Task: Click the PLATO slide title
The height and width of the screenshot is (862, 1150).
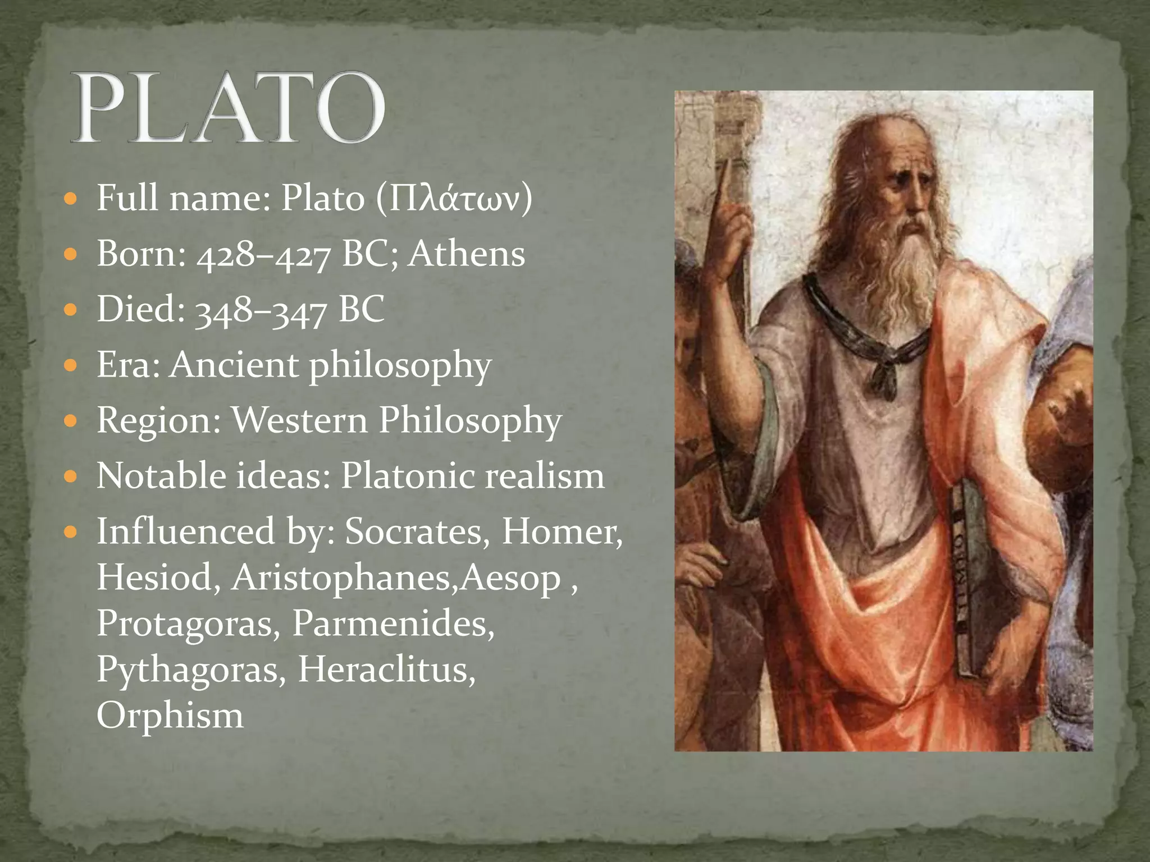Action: click(x=228, y=108)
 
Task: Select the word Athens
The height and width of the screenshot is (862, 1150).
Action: click(x=466, y=254)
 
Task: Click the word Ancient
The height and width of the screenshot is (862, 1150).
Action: click(x=234, y=365)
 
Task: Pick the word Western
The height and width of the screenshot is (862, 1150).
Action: click(x=300, y=420)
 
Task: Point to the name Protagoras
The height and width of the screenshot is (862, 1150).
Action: click(x=188, y=623)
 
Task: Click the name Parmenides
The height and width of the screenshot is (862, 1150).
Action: click(x=393, y=623)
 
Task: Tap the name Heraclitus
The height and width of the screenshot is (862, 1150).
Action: click(x=386, y=669)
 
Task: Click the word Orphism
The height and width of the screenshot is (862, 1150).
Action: click(x=170, y=715)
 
